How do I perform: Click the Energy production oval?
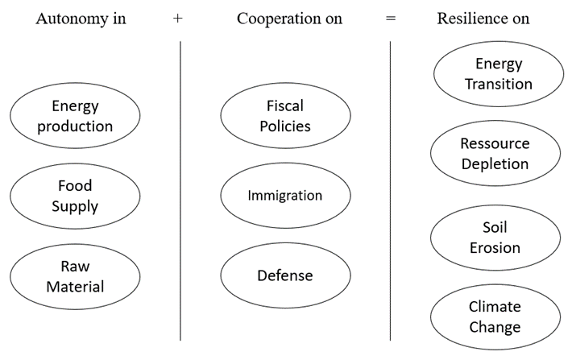click(x=75, y=116)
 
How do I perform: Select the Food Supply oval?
click(x=75, y=197)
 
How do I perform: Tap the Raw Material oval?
click(x=75, y=276)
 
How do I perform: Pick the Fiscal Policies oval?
click(x=285, y=116)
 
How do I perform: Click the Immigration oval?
click(x=285, y=196)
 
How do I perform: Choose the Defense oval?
click(x=285, y=275)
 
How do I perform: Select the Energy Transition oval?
click(x=499, y=73)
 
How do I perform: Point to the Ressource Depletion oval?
click(x=495, y=154)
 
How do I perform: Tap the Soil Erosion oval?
click(x=495, y=238)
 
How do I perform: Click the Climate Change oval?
click(x=495, y=317)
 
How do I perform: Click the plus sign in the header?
click(x=178, y=19)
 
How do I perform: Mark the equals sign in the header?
click(x=391, y=19)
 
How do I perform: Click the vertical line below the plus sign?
click(x=180, y=191)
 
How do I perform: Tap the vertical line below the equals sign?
click(x=391, y=191)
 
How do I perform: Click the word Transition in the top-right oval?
click(x=499, y=85)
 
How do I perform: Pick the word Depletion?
click(x=495, y=164)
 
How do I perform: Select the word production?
click(x=75, y=127)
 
